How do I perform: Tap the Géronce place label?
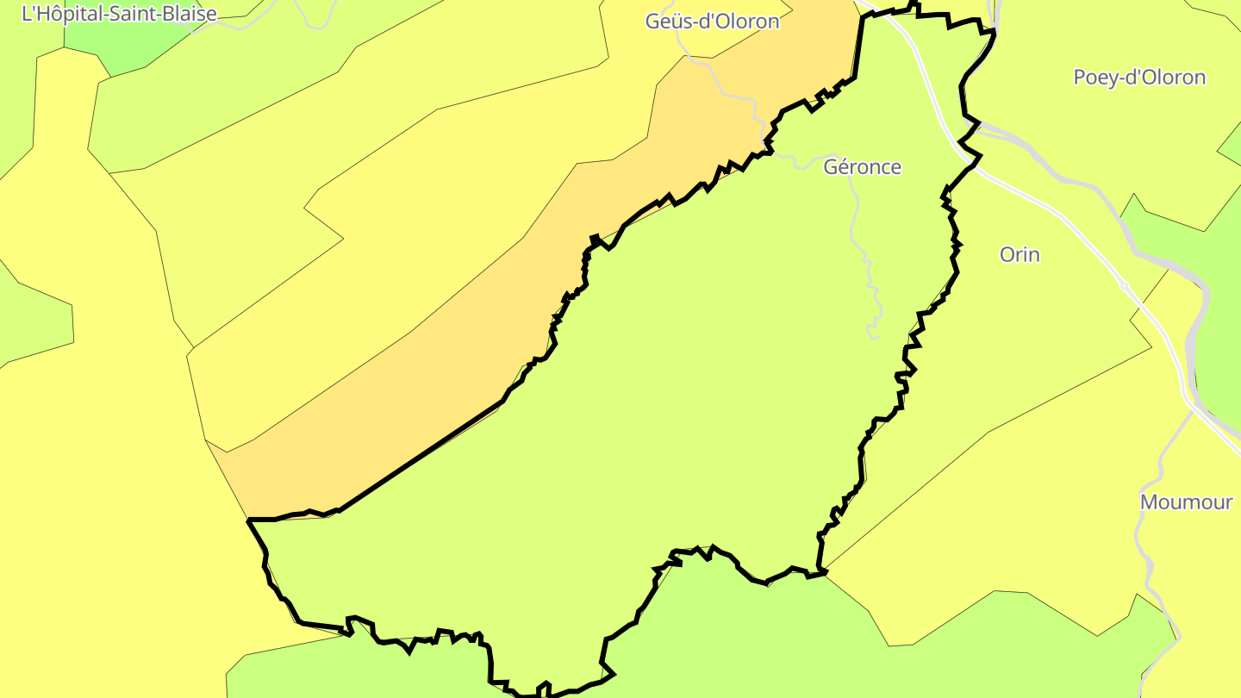tap(862, 167)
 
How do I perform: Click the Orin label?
tap(1020, 255)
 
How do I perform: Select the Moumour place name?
tap(1186, 502)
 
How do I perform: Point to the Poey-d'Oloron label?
tap(1138, 78)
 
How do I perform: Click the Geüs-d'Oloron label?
tap(712, 22)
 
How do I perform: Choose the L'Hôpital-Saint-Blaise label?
tap(119, 13)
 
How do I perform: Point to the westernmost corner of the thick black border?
tap(249, 520)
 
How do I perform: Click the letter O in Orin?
tap(1007, 255)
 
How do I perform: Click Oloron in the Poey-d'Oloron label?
tap(1168, 78)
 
